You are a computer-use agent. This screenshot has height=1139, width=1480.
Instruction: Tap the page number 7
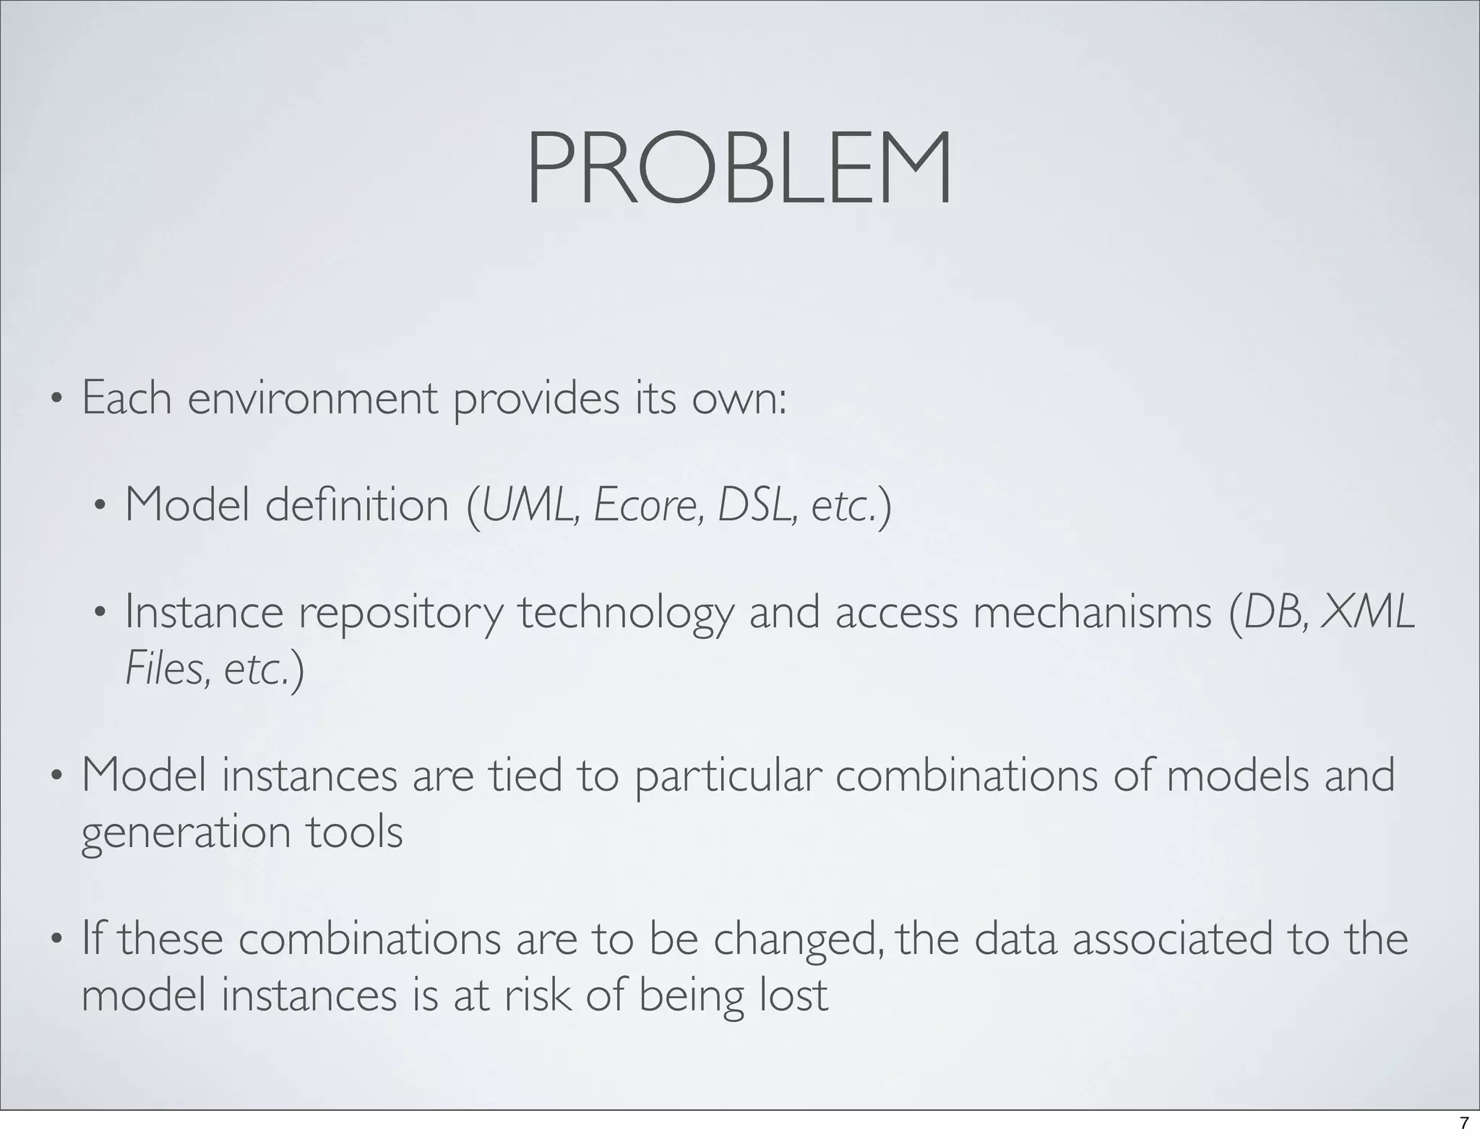pyautogui.click(x=1464, y=1123)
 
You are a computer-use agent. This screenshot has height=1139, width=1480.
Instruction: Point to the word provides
pyautogui.click(x=536, y=399)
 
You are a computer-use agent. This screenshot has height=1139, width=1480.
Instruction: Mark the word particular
pyautogui.click(x=728, y=777)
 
